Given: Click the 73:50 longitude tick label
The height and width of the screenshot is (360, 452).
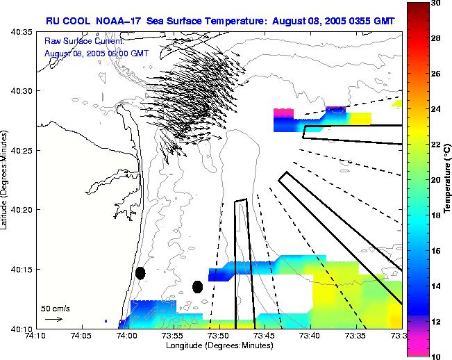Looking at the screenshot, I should (219, 335).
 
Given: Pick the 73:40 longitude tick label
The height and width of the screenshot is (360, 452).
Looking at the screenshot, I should (310, 335).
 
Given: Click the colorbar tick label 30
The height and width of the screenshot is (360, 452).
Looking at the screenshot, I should (436, 3).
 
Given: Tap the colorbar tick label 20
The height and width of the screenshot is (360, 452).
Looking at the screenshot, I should (436, 180).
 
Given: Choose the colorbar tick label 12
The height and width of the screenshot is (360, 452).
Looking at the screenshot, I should (436, 322).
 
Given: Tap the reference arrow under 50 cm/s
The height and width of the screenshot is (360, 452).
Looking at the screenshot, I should (53, 319).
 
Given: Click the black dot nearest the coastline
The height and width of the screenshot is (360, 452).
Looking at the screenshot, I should (140, 273).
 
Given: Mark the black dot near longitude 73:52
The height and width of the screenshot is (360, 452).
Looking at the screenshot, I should (197, 286).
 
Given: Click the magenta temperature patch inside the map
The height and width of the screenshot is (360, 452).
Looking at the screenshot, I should (283, 111).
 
